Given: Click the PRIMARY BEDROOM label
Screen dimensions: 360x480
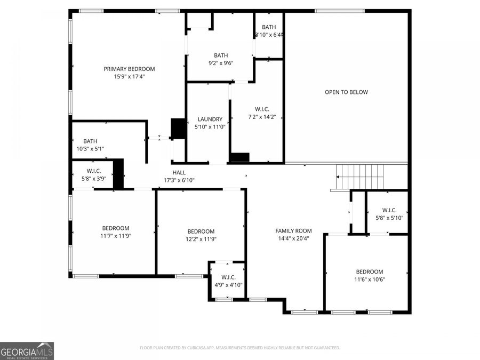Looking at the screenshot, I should [129, 69].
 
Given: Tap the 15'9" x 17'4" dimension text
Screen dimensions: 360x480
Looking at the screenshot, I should [129, 76].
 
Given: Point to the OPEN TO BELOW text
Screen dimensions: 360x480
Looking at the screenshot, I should [346, 92].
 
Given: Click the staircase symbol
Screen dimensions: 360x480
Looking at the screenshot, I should [359, 173].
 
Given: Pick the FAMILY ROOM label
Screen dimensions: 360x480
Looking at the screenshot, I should [293, 231].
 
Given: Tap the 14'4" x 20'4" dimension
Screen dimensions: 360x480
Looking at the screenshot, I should [293, 238].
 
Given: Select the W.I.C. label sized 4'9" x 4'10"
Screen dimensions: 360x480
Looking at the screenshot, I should [228, 277].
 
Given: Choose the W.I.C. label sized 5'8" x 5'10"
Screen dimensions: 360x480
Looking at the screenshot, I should [389, 210].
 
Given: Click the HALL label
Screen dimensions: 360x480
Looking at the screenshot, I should [179, 172].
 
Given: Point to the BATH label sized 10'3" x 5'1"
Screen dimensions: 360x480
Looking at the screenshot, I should [90, 141].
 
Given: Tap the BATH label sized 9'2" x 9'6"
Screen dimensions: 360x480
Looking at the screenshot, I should [221, 55].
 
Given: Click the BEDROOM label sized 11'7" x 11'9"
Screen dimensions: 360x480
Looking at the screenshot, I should [115, 228].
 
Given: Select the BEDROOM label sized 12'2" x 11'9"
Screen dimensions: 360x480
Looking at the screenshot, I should [201, 231].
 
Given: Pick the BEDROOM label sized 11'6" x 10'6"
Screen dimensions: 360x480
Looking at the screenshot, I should [370, 271].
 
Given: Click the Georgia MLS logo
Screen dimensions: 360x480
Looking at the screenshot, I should [27, 351].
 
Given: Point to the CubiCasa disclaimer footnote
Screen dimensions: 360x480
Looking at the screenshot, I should [239, 348].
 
